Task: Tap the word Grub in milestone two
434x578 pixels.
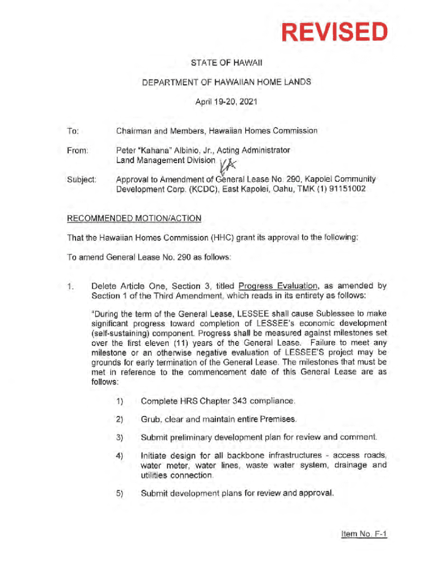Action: click(x=150, y=419)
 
